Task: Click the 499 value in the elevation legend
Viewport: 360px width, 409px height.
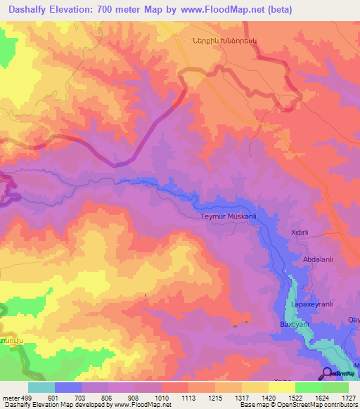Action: click(x=27, y=398)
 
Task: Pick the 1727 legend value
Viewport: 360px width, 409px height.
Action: click(x=349, y=398)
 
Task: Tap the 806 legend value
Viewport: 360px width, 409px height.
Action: click(x=108, y=398)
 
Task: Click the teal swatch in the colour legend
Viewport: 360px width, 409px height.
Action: click(x=41, y=387)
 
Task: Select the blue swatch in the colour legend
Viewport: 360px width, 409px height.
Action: click(x=68, y=387)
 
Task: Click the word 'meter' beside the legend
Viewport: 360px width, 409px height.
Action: click(x=10, y=398)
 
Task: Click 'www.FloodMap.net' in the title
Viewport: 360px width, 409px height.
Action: click(x=219, y=10)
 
